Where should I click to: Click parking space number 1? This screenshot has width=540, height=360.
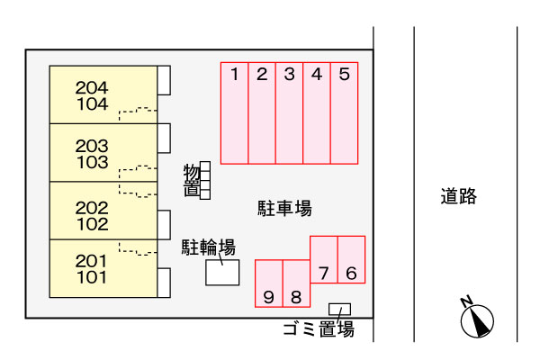point(234,112)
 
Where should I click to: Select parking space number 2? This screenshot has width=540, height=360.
point(262,112)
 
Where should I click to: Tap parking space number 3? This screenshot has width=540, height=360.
point(289,112)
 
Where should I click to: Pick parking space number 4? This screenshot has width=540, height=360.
point(317,112)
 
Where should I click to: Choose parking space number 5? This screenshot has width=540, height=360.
point(345,112)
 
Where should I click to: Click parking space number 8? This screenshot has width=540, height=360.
point(296,284)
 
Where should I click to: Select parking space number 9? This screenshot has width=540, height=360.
point(269,284)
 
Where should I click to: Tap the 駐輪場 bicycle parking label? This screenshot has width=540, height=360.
point(209,247)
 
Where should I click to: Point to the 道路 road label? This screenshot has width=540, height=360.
point(458,195)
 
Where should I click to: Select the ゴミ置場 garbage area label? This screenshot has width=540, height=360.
point(318,329)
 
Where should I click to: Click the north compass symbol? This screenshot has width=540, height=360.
point(477,319)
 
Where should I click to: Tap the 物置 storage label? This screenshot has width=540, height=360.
point(191,180)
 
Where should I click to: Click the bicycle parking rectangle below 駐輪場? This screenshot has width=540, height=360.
point(222,272)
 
